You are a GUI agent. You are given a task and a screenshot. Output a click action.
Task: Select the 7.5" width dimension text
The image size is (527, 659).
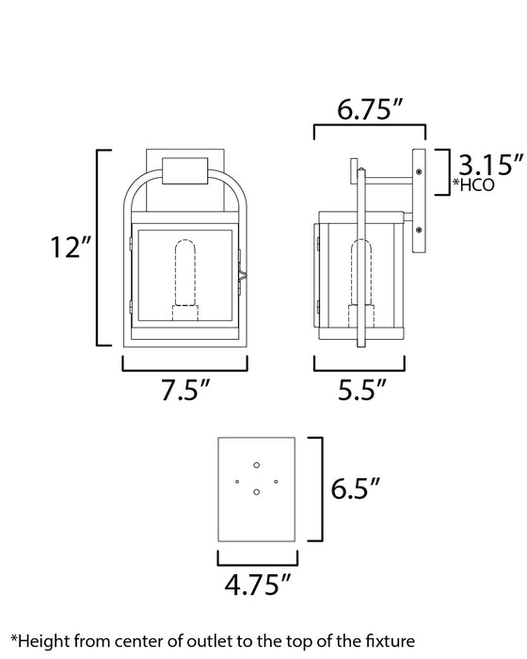pyautogui.click(x=185, y=389)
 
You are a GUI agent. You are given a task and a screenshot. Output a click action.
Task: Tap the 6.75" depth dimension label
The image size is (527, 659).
pyautogui.click(x=370, y=110)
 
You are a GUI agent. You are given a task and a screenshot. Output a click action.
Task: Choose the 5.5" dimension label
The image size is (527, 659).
pyautogui.click(x=359, y=389)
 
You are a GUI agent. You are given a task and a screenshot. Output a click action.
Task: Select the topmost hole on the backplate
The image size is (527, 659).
pyautogui.click(x=256, y=464)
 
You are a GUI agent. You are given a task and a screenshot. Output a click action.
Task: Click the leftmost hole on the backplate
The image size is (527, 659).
pyautogui.click(x=237, y=481)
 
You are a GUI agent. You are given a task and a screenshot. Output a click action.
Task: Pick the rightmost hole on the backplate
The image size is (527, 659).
pyautogui.click(x=276, y=481)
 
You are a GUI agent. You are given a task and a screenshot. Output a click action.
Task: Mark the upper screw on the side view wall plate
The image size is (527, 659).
pyautogui.click(x=418, y=169)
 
